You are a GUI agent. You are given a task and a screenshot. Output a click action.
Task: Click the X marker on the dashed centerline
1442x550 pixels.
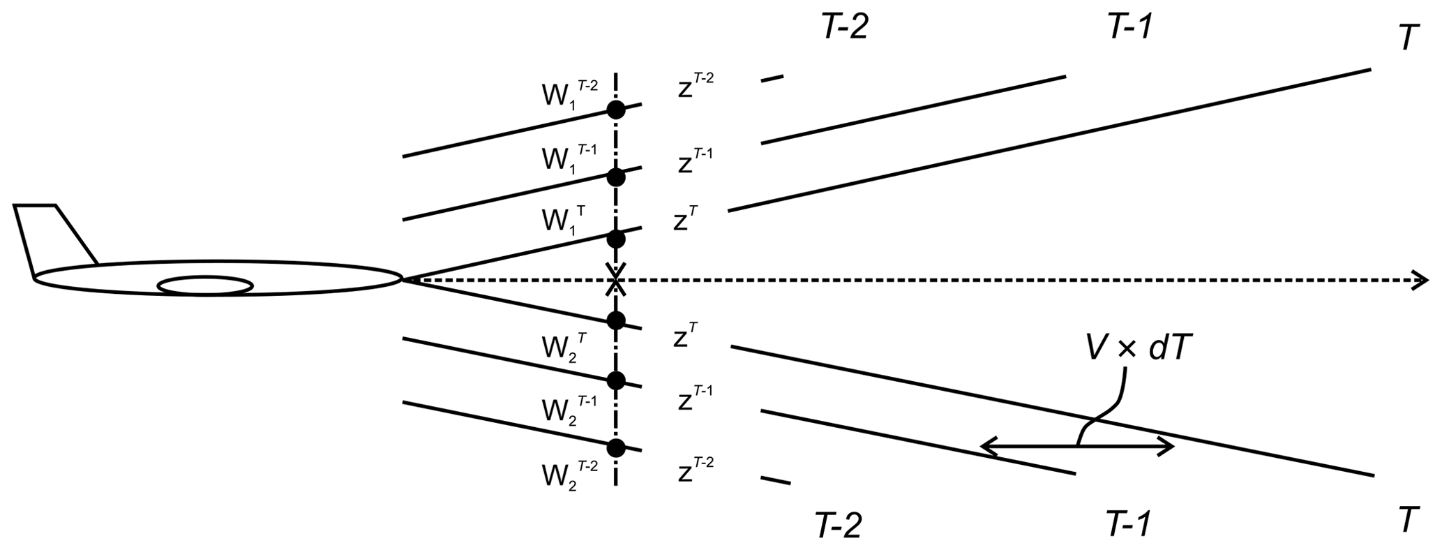[615, 281]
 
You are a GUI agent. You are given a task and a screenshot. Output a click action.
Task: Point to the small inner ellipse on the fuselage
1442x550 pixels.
[206, 285]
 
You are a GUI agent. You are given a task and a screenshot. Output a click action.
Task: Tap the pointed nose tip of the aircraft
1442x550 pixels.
[403, 280]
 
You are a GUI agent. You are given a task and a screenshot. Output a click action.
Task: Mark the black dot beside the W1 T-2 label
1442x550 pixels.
[615, 110]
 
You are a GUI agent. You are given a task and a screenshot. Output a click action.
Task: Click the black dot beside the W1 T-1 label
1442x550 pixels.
[615, 177]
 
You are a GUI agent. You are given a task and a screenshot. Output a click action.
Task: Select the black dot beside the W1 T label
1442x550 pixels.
[615, 239]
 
